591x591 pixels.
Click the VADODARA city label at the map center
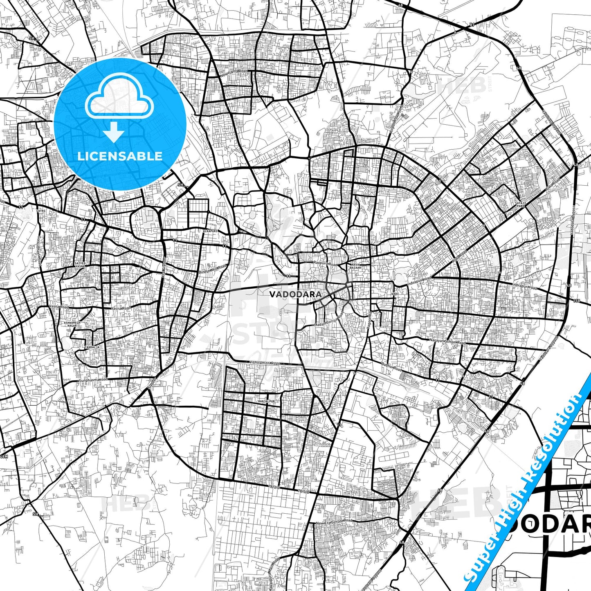click(295, 294)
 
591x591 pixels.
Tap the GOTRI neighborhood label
click(41, 211)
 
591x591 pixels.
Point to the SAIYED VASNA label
click(80, 265)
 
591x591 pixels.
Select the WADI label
click(395, 294)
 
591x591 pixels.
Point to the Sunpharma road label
click(94, 380)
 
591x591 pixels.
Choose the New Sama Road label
click(234, 74)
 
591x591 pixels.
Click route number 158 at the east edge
click(577, 301)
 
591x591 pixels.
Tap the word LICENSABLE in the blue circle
click(120, 156)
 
